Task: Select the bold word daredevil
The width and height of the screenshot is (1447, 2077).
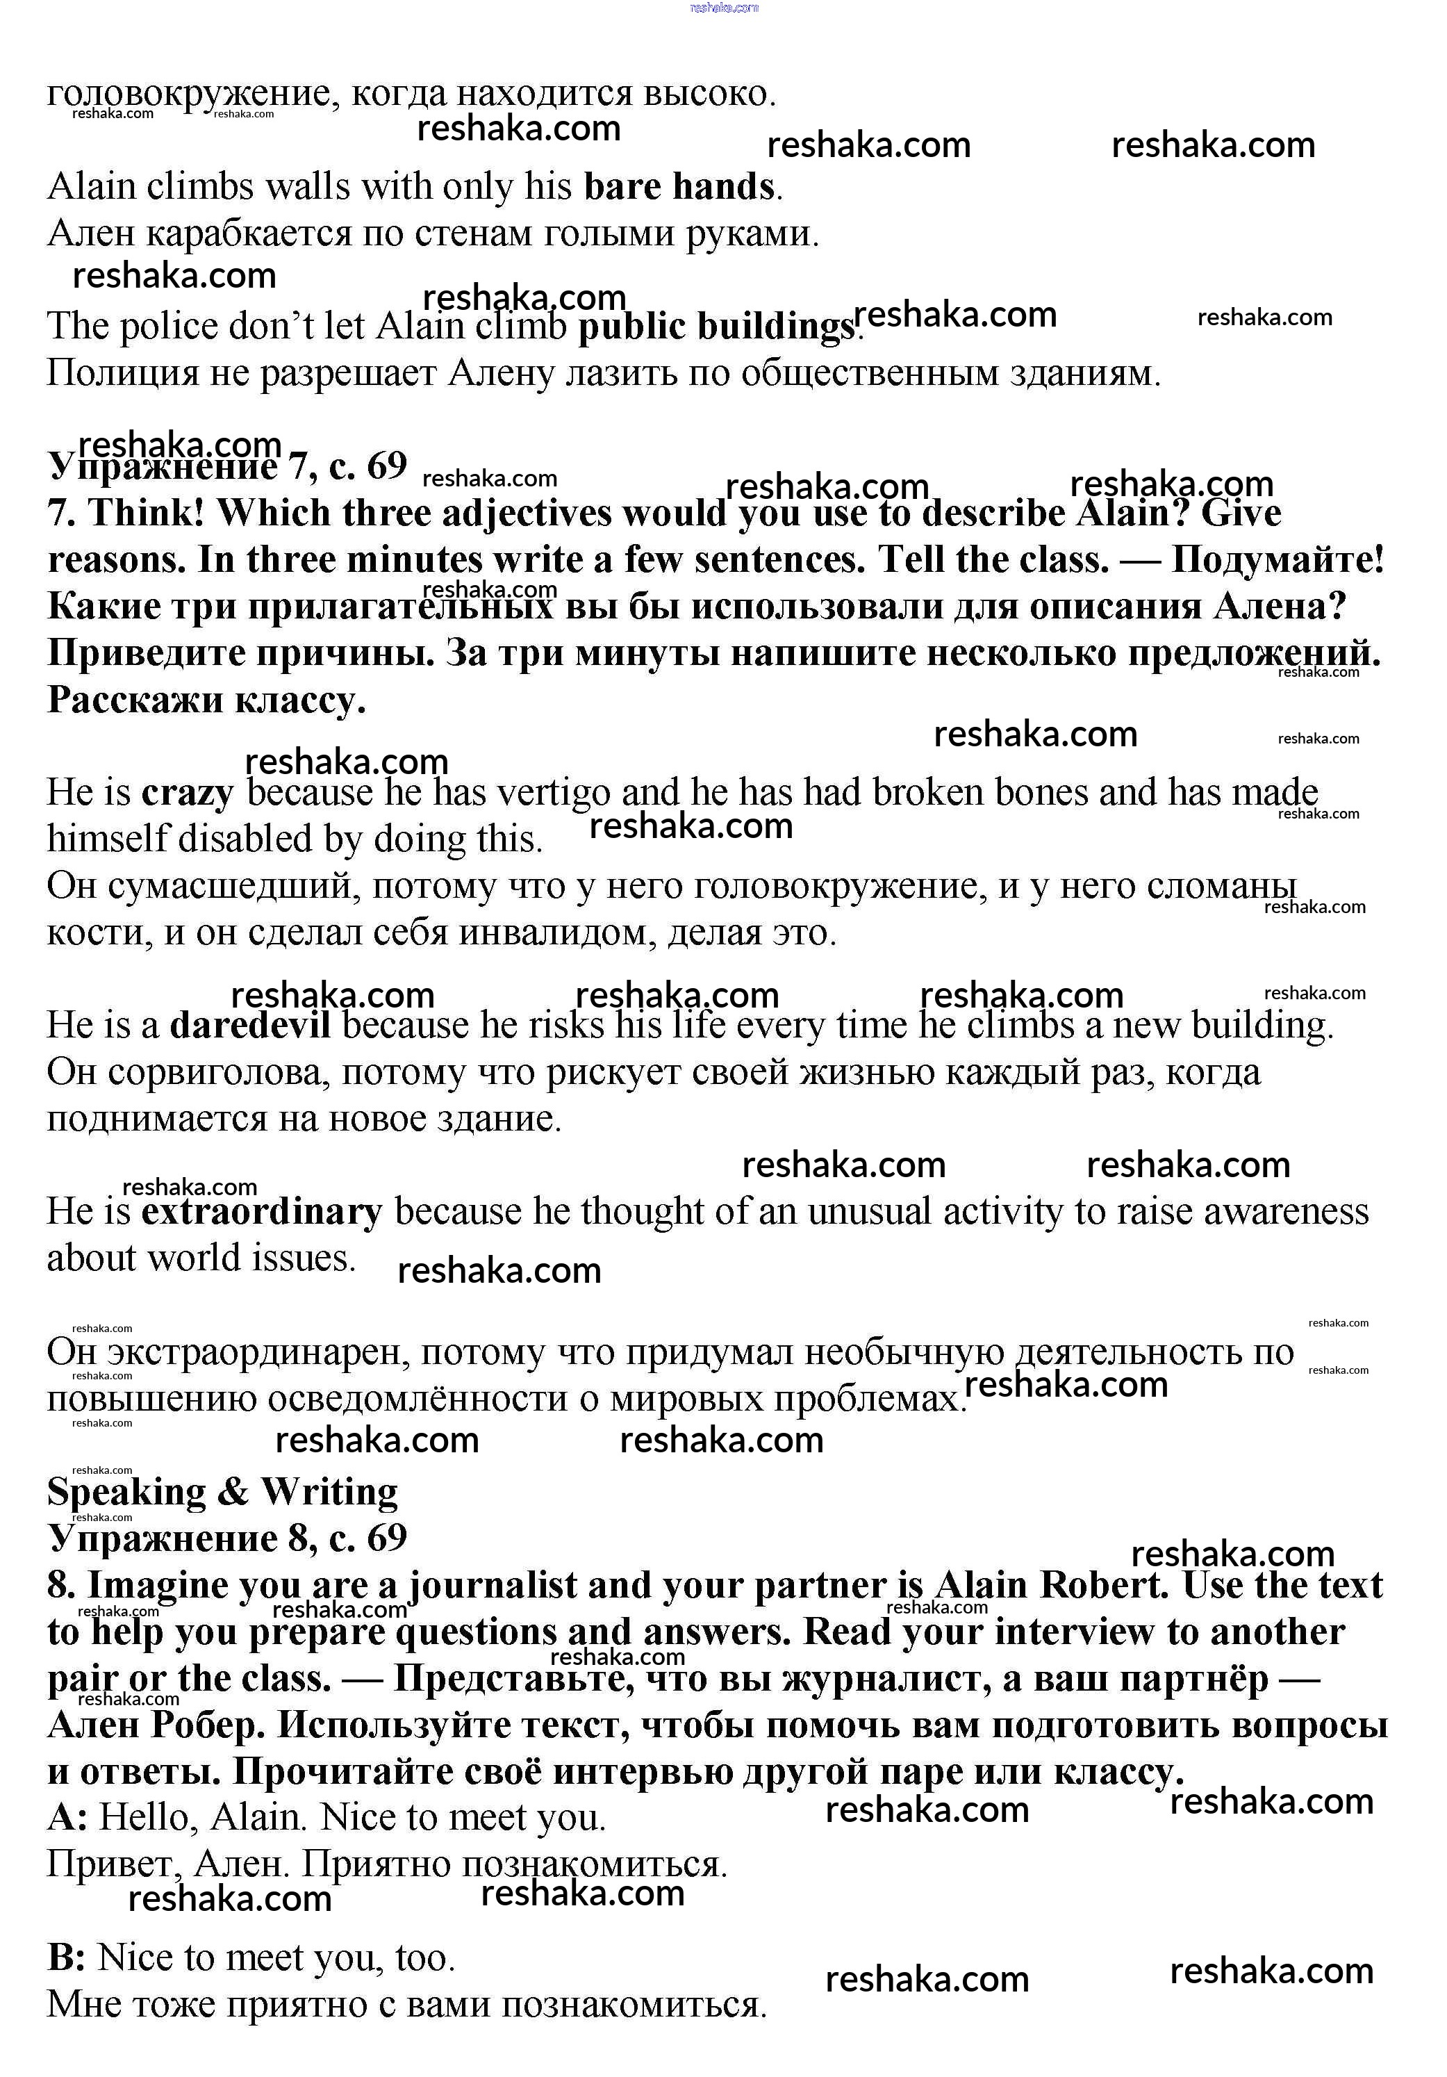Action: (249, 1025)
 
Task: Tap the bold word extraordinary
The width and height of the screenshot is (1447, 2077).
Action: (261, 1211)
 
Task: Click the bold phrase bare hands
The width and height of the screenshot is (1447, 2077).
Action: (679, 186)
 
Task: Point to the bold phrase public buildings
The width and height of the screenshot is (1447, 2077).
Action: (716, 327)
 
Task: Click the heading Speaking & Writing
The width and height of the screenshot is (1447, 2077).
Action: (222, 1492)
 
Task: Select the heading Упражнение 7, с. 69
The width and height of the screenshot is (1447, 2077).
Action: (227, 466)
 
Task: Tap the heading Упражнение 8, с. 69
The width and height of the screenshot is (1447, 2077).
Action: (227, 1538)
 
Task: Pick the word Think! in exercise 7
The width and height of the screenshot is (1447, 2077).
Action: (147, 513)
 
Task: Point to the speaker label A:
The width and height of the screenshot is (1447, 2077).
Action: (68, 1816)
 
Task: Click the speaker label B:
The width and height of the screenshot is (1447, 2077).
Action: (67, 1957)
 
